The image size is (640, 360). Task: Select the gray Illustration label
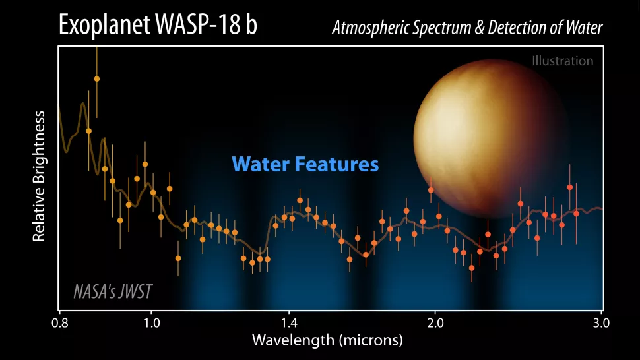pos(562,61)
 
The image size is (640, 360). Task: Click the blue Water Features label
pos(305,163)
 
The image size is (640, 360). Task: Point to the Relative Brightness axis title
pos(39,176)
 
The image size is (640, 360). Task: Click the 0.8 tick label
pos(59,323)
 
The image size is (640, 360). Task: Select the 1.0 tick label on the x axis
pos(151,323)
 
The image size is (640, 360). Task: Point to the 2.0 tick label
pos(435,323)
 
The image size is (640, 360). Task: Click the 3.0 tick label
pos(601,323)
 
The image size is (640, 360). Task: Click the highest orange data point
pos(97,78)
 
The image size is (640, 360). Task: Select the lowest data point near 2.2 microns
pos(472,268)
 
